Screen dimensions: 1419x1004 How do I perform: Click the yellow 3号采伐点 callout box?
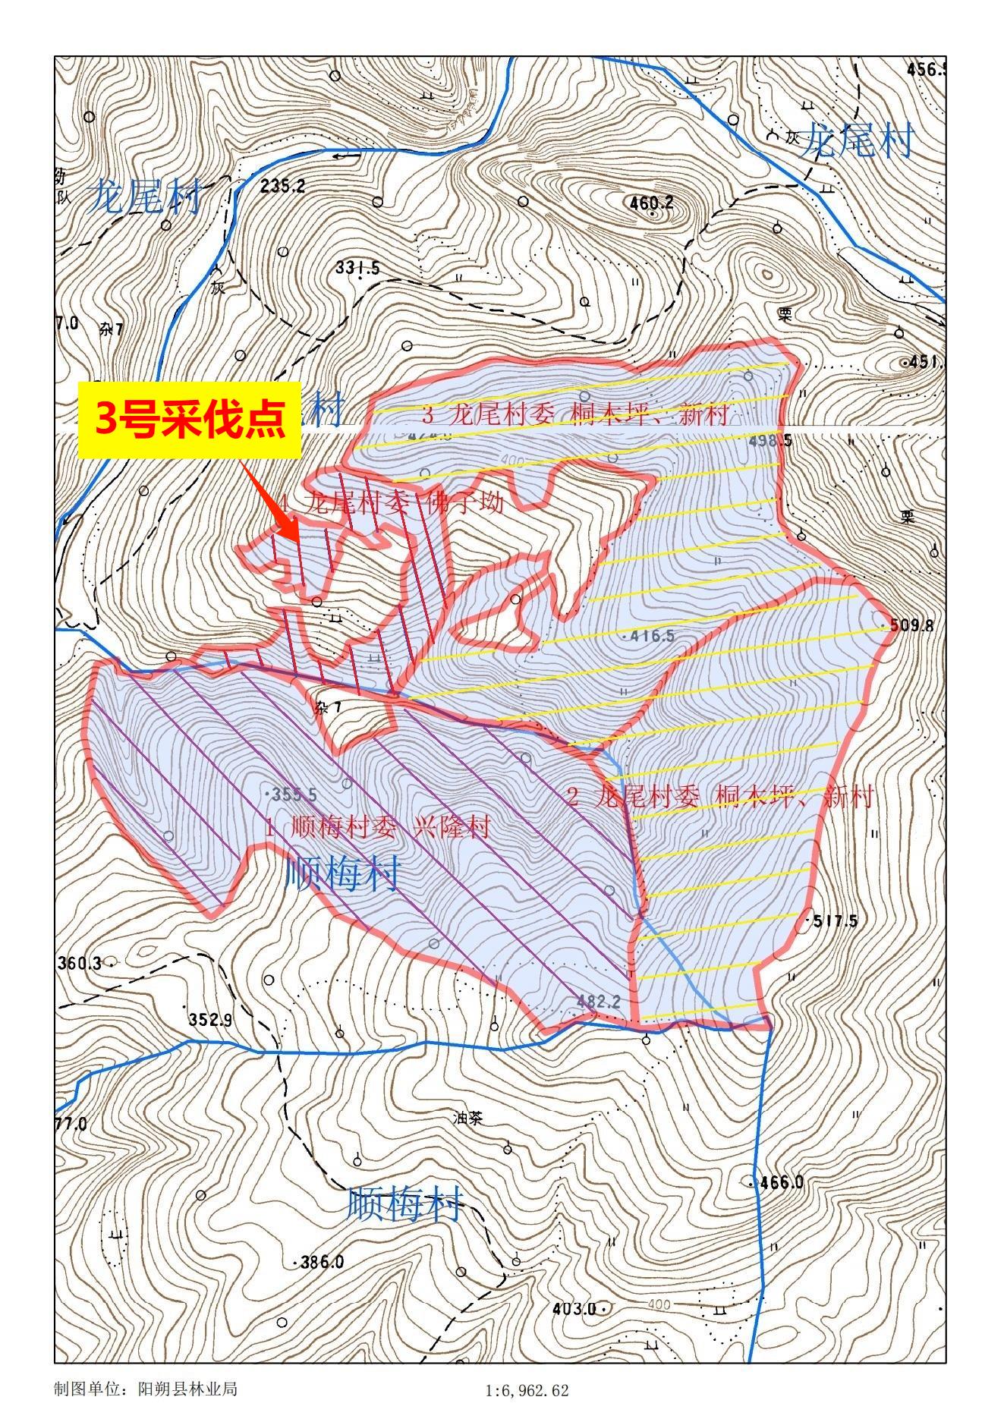coord(189,420)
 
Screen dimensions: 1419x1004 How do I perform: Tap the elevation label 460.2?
coord(652,203)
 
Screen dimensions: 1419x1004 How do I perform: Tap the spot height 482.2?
coord(599,1001)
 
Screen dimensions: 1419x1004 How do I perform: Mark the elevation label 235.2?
coord(282,186)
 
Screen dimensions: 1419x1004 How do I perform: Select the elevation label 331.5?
coord(357,268)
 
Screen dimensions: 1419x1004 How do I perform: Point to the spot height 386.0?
coord(321,1263)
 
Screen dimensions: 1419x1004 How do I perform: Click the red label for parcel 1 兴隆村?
coord(378,828)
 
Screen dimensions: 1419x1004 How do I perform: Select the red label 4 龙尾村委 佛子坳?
coord(390,502)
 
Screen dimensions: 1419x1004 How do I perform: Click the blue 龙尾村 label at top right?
coord(857,140)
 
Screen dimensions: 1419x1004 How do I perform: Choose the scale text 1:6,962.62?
coord(526,1391)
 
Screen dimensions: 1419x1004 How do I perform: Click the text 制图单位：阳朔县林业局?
coord(146,1389)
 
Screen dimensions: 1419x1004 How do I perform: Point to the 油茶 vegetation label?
coord(467,1119)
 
